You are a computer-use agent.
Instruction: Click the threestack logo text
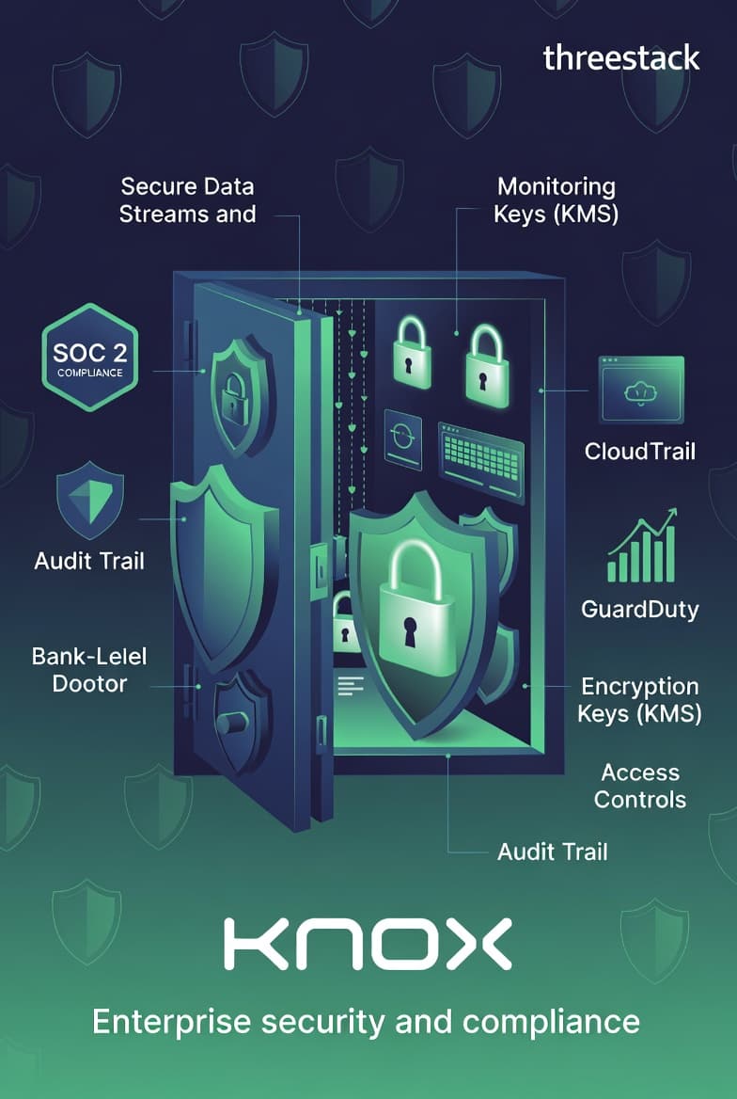[621, 57]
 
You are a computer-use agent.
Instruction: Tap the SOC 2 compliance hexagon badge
[89, 357]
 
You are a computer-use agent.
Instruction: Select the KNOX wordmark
[368, 945]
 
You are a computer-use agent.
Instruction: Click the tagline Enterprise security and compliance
[366, 1021]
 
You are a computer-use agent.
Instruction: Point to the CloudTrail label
[639, 451]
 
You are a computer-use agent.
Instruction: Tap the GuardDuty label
[639, 609]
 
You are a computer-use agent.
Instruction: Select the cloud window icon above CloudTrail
[641, 390]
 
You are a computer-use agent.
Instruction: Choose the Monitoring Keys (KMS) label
[557, 199]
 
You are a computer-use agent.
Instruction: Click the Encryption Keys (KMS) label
[639, 699]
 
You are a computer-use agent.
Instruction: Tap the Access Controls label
[640, 786]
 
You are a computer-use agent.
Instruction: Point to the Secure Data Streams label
[187, 199]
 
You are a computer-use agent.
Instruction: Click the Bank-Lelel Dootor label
[89, 669]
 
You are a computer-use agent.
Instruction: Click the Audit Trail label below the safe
[552, 852]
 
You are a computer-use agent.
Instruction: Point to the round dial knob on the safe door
[232, 723]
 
